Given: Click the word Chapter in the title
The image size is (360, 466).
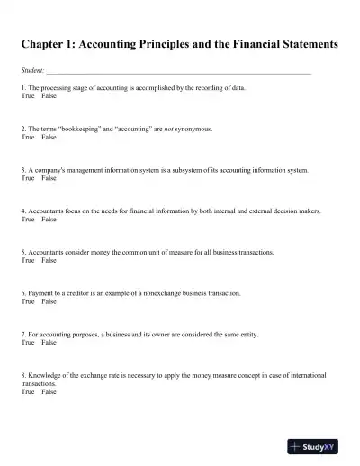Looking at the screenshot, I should (43, 42).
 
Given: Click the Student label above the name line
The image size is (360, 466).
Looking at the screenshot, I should (31, 69).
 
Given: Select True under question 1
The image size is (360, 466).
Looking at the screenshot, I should (28, 94).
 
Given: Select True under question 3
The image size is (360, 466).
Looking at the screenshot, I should (28, 177).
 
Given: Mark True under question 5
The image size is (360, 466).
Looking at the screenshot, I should (28, 260).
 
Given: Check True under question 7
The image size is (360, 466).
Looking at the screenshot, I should (28, 343).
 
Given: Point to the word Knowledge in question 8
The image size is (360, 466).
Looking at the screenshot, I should (44, 375).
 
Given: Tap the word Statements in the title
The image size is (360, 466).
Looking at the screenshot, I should (293, 42).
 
